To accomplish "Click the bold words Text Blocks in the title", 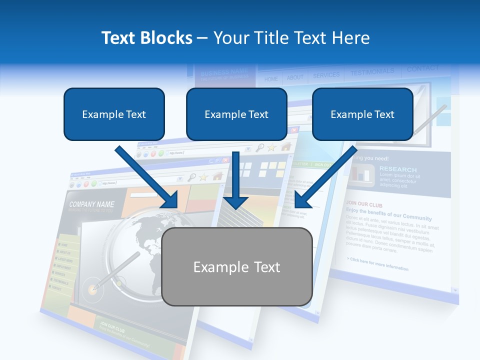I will pos(146,38).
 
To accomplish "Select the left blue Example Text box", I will pos(114,114).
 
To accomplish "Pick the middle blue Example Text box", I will pos(236,114).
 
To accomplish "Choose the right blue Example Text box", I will pos(362,114).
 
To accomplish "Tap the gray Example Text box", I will pos(237,266).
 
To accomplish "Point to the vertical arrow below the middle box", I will pos(235,180).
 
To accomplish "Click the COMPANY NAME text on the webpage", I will pos(91,204).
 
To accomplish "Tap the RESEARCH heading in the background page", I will pos(397,169).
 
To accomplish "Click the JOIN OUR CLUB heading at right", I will pos(364,203).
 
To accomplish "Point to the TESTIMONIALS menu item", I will pos(372,72).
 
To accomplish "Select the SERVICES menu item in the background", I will pos(326,75).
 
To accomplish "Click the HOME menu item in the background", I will pos(271,79).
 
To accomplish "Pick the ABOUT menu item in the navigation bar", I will pos(295,77).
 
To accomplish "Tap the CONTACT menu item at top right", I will pos(422,68).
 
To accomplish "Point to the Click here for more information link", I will pos(377,264).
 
